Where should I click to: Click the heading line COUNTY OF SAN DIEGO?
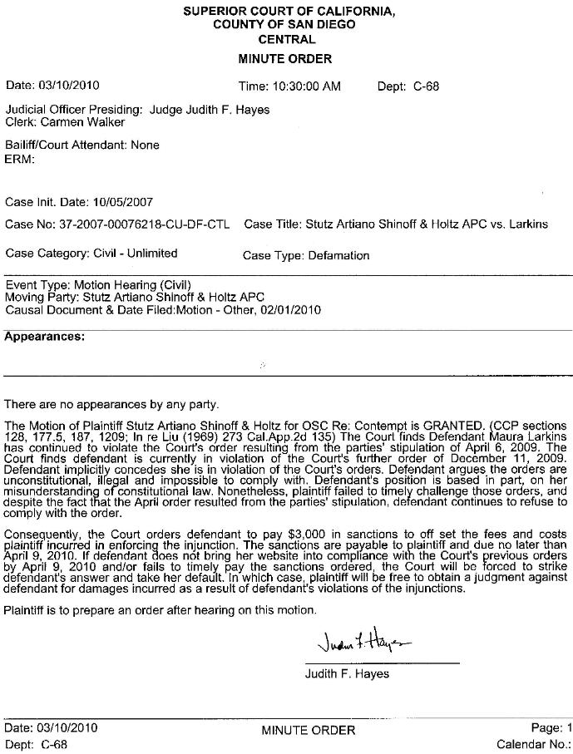tap(284, 25)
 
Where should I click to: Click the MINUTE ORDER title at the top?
tap(284, 59)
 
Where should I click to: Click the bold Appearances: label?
tap(44, 337)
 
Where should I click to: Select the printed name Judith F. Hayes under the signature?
tap(347, 673)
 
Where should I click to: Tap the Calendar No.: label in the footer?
tap(532, 744)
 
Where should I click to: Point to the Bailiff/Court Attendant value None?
tap(144, 145)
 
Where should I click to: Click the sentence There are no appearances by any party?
tap(111, 405)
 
